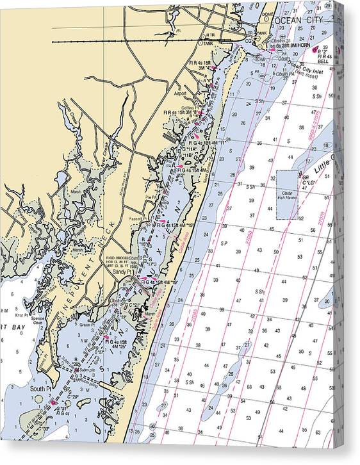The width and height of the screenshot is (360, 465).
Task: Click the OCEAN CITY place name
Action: click(295, 20)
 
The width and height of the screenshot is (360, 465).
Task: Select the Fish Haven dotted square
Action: click(288, 195)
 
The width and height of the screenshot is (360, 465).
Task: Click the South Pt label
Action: click(40, 389)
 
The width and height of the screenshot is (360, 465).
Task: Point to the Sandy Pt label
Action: click(121, 272)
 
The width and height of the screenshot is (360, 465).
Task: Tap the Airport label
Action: click(181, 93)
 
